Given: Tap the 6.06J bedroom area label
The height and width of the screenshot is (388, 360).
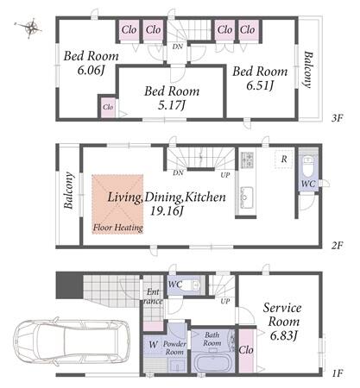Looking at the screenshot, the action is [x=91, y=70].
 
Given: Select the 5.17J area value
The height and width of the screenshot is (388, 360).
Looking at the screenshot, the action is [x=171, y=106].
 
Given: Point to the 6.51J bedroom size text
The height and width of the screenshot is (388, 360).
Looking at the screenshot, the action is [x=260, y=85].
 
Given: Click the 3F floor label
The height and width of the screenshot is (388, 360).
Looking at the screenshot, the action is [x=337, y=118].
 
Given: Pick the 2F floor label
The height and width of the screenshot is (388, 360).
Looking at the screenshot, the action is [x=337, y=246].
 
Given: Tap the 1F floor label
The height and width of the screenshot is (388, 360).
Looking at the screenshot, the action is [x=338, y=373].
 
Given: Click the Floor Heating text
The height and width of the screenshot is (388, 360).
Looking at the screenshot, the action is [x=118, y=228].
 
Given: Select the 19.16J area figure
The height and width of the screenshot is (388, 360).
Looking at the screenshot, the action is [x=167, y=211].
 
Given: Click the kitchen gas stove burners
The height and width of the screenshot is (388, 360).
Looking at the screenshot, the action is [x=247, y=160].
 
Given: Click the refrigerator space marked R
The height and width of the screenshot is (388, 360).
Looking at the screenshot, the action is [x=284, y=159].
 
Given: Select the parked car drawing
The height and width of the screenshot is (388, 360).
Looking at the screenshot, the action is [x=72, y=341].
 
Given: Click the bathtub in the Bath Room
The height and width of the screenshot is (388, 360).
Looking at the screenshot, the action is [x=212, y=362].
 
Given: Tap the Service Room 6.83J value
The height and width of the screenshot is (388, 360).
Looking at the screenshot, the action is [x=283, y=335].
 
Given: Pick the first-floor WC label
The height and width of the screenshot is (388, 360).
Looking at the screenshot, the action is [x=175, y=285].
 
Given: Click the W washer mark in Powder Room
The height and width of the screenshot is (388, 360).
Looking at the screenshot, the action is [x=154, y=344].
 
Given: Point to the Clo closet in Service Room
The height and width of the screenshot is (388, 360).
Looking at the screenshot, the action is [x=246, y=350].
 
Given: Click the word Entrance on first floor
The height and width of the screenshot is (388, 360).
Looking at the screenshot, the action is [x=153, y=297].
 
